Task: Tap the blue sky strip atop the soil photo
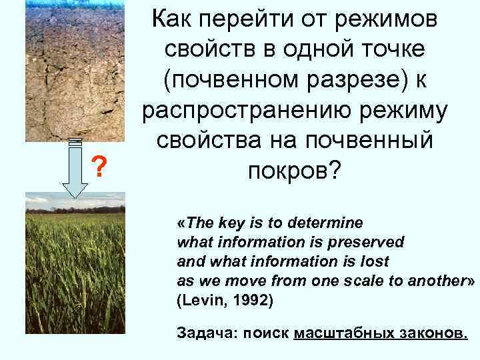click(x=63, y=3)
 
